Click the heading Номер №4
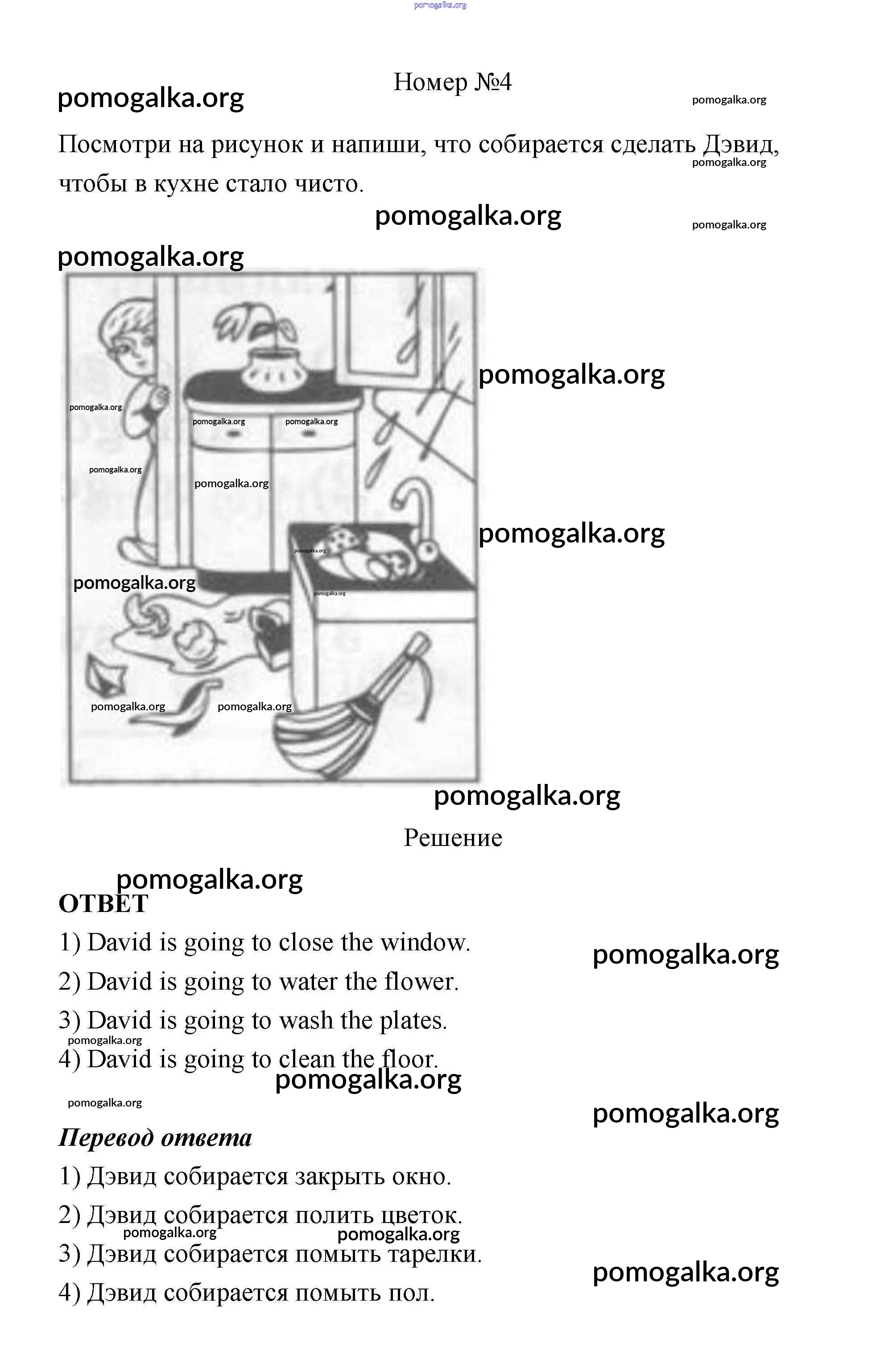coord(453,82)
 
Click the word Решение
coord(453,838)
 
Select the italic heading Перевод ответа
coord(155,1138)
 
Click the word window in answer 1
coord(426,943)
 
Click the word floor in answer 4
coord(410,1059)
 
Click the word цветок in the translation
coord(423,1215)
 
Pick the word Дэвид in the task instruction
coord(740,144)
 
